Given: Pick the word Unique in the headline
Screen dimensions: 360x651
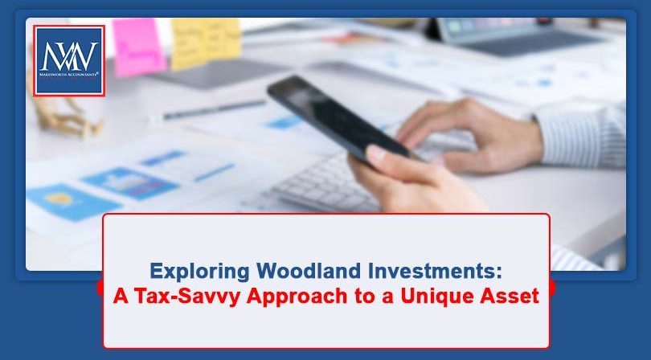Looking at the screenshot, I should click(x=437, y=295).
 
